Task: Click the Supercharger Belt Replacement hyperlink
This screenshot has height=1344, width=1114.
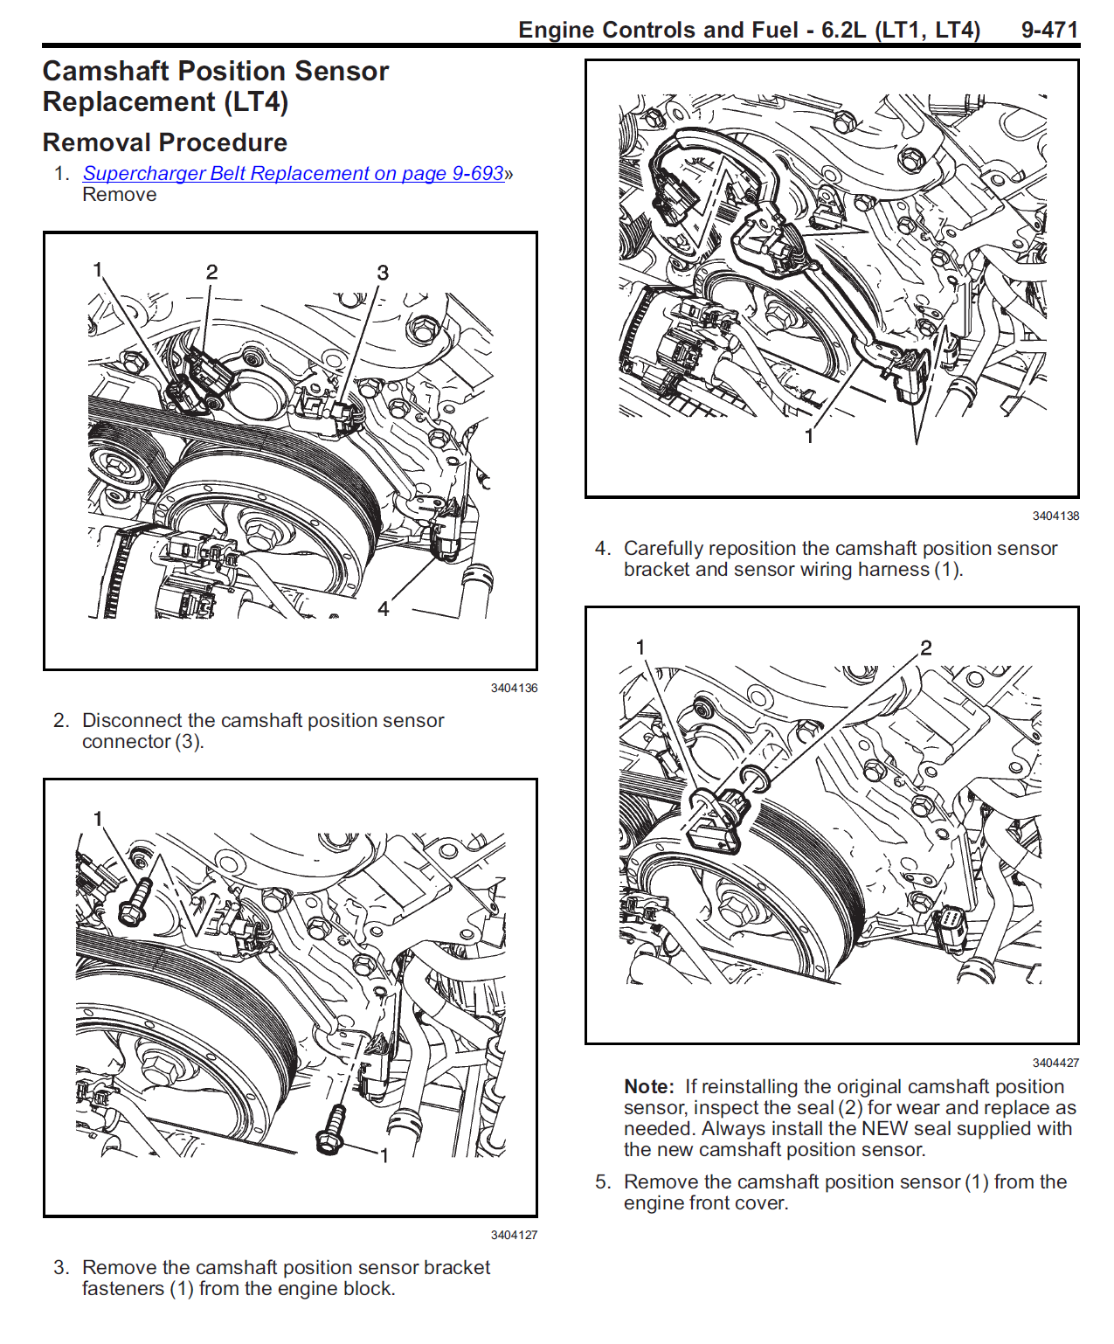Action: [293, 173]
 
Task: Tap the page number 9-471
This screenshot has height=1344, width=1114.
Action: [1049, 30]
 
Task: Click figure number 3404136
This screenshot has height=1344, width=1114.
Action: [514, 688]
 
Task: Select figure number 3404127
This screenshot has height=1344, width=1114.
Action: [514, 1235]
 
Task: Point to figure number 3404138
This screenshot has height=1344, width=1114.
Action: [1055, 516]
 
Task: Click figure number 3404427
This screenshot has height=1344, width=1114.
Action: [1055, 1063]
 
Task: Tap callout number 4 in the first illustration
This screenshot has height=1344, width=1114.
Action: [383, 608]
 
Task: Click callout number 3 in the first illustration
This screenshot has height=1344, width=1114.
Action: [383, 273]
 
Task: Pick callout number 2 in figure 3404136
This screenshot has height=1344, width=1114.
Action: [211, 272]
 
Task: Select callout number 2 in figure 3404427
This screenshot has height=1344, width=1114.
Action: [925, 647]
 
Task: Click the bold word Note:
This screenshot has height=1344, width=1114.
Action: [648, 1086]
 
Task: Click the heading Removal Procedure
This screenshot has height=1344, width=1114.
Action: [165, 142]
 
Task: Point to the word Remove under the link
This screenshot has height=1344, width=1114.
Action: [119, 194]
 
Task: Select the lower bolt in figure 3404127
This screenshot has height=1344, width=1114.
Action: [331, 1130]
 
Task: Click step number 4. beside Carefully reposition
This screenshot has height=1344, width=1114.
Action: [602, 549]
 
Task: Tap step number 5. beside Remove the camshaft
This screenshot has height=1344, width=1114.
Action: [602, 1181]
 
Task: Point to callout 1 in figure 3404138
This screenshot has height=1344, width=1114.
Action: [809, 436]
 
